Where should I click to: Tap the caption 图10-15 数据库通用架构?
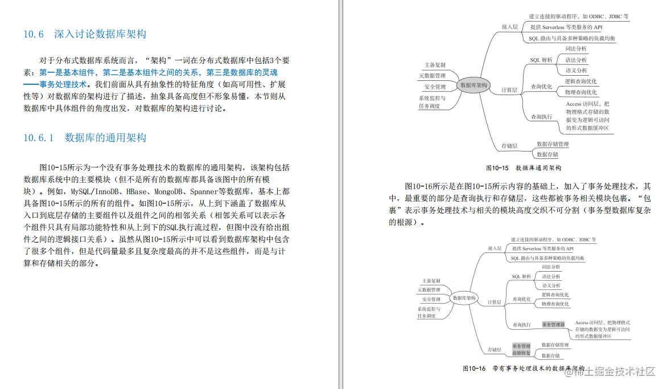(524, 168)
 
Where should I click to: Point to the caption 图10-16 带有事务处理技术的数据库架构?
(524, 369)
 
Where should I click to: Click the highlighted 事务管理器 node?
(553, 325)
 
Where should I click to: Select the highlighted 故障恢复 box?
(521, 353)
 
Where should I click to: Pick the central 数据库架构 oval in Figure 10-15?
(474, 85)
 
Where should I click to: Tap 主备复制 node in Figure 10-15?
(435, 65)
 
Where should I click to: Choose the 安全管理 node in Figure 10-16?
(431, 300)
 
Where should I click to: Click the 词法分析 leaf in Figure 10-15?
(575, 49)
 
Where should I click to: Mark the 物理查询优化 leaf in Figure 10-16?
(555, 304)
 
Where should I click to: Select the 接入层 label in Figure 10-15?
(509, 27)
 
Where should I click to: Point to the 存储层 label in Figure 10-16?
(495, 350)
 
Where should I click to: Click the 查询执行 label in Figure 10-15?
(541, 117)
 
